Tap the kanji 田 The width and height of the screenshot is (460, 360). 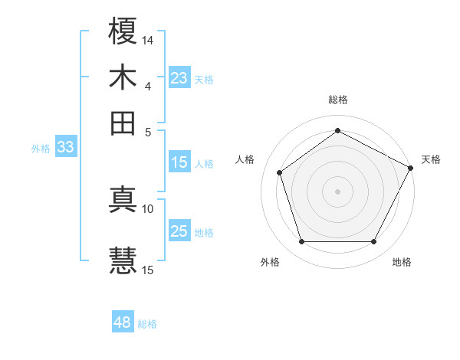coord(123,123)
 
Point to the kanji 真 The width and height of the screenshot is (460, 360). coord(123,198)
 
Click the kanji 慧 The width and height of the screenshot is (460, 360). coord(123,259)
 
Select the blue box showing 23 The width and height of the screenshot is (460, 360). coord(179,78)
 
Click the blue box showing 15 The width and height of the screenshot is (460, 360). coord(179,162)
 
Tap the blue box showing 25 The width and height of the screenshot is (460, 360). coord(179,231)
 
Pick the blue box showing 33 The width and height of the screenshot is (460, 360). coord(64,148)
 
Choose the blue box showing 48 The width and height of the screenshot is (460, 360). coord(122,322)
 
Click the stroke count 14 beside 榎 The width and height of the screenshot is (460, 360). coord(148,39)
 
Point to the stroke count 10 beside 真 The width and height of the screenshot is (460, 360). coord(148,208)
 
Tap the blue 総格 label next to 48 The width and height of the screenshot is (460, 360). coord(147,324)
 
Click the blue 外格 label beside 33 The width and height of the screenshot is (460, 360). coord(40,149)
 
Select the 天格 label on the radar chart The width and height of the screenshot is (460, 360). coord(431,159)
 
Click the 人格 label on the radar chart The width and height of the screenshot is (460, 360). coord(245,159)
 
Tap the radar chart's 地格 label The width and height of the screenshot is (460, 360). coord(402,262)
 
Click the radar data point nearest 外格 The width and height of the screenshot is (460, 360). coord(301,242)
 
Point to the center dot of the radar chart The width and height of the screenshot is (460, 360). coord(337,191)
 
